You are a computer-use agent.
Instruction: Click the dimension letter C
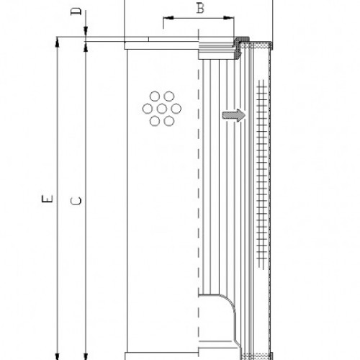pyautogui.click(x=77, y=202)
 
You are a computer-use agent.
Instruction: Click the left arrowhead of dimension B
pyautogui.click(x=165, y=19)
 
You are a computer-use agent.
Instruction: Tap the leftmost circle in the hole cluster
pyautogui.click(x=148, y=109)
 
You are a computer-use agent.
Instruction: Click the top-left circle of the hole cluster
pyautogui.click(x=154, y=96)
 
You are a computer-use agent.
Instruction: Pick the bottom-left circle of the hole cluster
pyautogui.click(x=154, y=121)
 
